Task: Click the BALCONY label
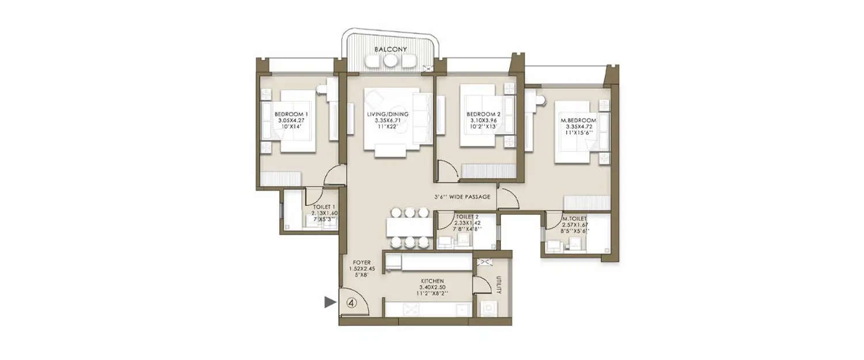coord(390,50)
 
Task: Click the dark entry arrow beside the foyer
coord(329,302)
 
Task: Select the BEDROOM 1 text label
coord(291,115)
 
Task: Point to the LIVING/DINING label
coord(388,115)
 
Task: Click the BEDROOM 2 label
coord(483,115)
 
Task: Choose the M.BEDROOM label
coord(578,120)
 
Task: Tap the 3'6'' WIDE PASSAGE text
coord(463,197)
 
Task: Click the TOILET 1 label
coord(324,207)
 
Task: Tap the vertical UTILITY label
coord(498,285)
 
